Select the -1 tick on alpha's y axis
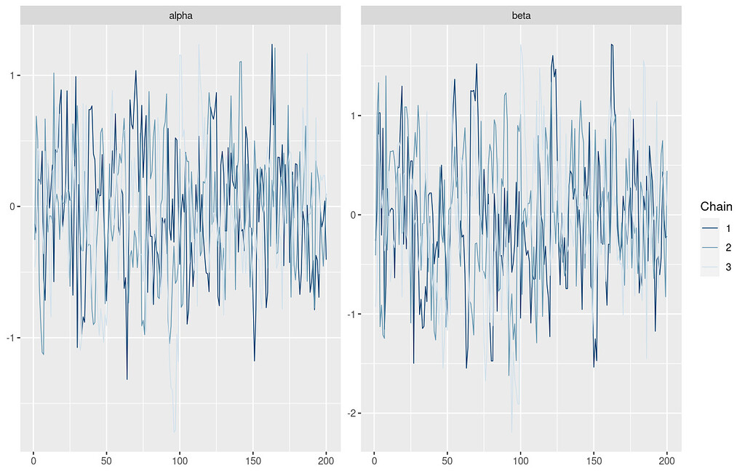[11, 338]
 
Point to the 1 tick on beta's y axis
[354, 116]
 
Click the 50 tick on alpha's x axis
[106, 459]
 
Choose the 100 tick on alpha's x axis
[180, 459]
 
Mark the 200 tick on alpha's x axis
[326, 459]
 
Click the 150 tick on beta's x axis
[594, 459]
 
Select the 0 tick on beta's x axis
[374, 459]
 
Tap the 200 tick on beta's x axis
[667, 459]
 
